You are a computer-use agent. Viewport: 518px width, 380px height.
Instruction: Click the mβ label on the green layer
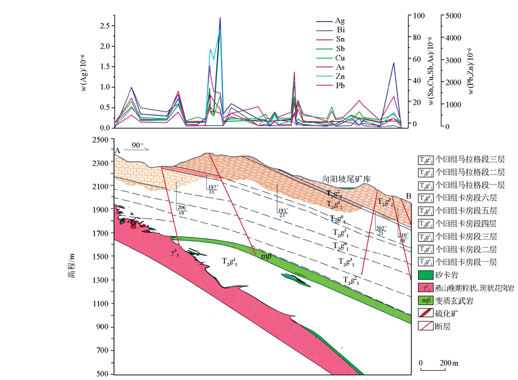pyautogui.click(x=266, y=257)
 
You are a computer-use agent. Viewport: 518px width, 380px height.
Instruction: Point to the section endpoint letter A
pyautogui.click(x=118, y=150)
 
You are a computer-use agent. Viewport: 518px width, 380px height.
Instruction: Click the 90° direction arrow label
pyautogui.click(x=137, y=145)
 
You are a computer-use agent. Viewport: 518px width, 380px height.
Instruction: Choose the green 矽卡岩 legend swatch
pyautogui.click(x=424, y=275)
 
